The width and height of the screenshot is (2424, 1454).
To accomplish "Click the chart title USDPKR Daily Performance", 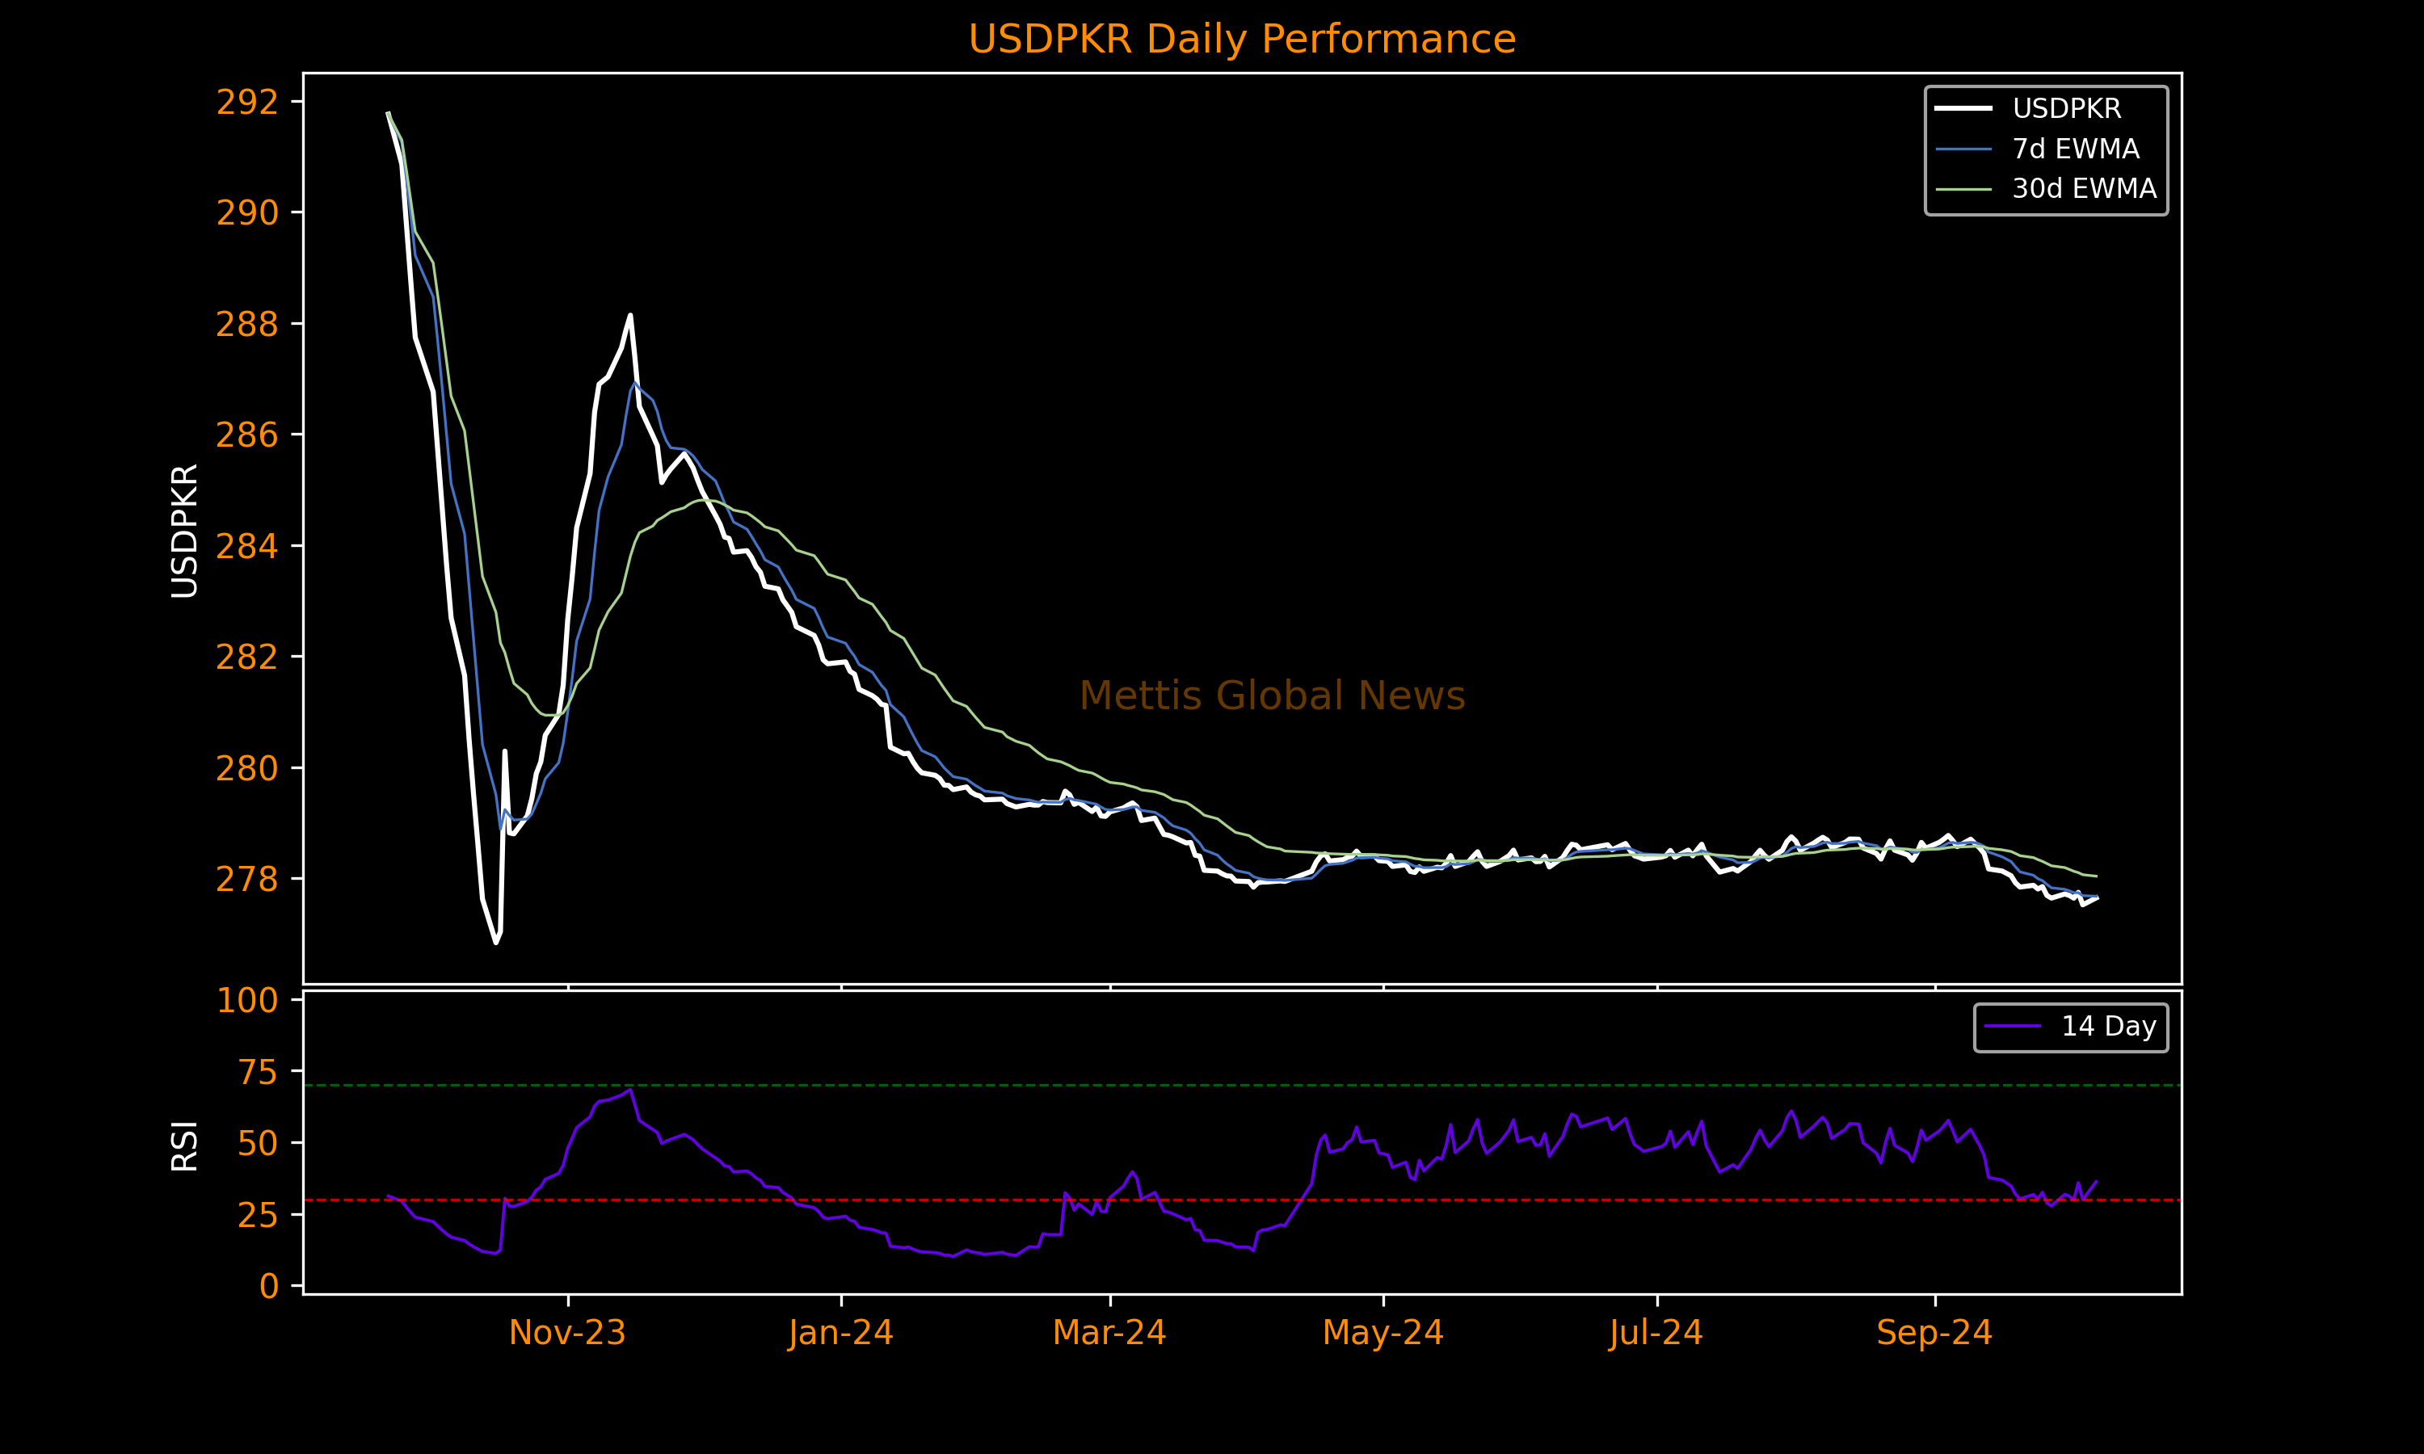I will [x=1241, y=40].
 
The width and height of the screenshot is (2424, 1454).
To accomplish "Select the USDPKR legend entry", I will [x=2065, y=109].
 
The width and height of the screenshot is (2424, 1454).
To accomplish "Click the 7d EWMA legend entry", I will [x=2074, y=149].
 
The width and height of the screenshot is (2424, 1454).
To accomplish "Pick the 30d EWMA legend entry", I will [x=2083, y=189].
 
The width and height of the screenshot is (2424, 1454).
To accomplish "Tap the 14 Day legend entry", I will [x=2107, y=1027].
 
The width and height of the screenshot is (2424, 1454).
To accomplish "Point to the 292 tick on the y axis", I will [x=247, y=102].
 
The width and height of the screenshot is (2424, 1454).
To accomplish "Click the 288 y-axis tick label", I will [x=247, y=324].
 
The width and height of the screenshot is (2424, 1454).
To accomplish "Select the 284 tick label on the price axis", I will [x=247, y=546].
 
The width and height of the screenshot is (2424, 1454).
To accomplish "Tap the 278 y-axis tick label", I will [x=247, y=879].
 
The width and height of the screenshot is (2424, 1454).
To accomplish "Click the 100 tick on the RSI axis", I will [x=247, y=1000].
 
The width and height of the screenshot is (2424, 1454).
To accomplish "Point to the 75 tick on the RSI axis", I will [x=258, y=1073].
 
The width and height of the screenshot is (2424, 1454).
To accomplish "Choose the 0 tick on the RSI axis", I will [x=268, y=1285].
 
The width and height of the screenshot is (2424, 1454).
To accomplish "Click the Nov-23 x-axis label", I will [x=567, y=1333].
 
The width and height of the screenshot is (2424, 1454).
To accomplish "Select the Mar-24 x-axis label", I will [x=1109, y=1333].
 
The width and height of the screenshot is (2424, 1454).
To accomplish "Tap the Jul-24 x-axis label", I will [x=1656, y=1333].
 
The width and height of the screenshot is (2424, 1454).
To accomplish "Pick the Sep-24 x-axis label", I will [x=1934, y=1333].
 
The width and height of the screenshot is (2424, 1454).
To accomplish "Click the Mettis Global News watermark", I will [x=1272, y=695].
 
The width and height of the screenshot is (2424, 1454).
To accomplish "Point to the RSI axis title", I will [x=184, y=1145].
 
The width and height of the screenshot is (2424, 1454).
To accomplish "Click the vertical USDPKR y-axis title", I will [x=184, y=530].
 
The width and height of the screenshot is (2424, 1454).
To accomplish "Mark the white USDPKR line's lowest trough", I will [x=496, y=943].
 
